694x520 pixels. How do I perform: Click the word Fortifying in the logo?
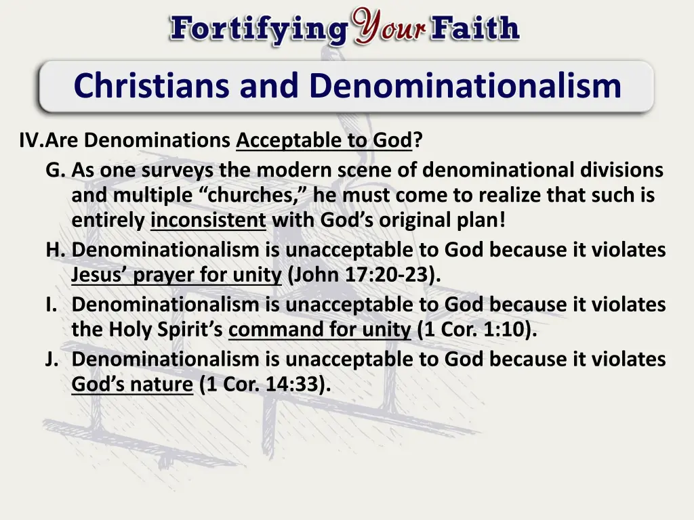click(258, 30)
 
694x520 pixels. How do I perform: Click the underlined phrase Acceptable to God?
click(324, 141)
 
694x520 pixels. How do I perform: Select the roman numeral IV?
click(31, 141)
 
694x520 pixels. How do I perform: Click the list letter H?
click(55, 250)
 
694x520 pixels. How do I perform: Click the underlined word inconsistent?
click(208, 221)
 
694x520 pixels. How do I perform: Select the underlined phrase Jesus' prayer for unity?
click(176, 276)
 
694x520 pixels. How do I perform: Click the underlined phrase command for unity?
click(320, 330)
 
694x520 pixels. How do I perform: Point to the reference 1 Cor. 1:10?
click(477, 330)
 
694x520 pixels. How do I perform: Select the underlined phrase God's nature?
click(132, 384)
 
